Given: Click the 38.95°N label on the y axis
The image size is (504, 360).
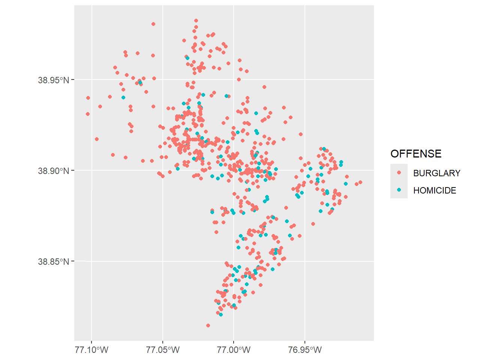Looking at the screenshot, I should click(x=54, y=80).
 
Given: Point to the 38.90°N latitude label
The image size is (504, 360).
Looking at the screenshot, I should click(x=54, y=171).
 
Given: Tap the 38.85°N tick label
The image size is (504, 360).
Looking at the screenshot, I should click(x=54, y=261).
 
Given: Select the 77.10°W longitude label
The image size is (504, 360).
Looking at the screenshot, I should click(x=91, y=350).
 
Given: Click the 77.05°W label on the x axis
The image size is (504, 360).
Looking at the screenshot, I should click(x=163, y=350).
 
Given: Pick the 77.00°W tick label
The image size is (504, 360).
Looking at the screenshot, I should click(x=234, y=350).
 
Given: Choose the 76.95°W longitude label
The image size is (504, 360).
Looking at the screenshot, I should click(x=305, y=350).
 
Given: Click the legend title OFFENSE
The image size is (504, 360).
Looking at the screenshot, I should click(x=416, y=154).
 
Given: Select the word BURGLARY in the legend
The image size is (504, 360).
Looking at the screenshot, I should click(x=436, y=173).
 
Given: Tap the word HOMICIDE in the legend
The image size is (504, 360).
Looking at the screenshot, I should click(x=435, y=190).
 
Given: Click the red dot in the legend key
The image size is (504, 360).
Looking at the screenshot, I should click(x=399, y=173).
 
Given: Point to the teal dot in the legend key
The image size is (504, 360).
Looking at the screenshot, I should click(x=399, y=190).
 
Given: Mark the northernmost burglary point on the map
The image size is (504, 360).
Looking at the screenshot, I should click(x=196, y=21).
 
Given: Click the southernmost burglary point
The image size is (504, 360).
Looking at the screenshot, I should click(x=208, y=325).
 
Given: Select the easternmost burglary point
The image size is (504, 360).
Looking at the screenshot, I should click(x=360, y=182).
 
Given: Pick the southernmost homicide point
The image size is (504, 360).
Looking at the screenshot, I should click(x=221, y=315).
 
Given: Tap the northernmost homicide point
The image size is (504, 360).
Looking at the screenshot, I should click(x=187, y=58).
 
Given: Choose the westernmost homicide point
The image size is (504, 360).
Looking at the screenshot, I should click(x=123, y=97).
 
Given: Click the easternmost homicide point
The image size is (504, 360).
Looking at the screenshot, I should click(x=346, y=184).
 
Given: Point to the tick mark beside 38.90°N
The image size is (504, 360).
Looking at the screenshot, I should click(x=73, y=171).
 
